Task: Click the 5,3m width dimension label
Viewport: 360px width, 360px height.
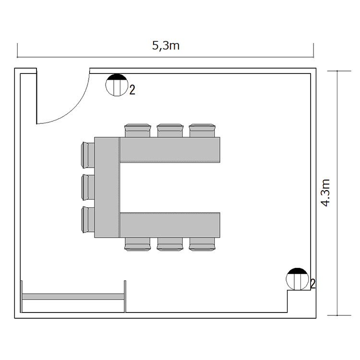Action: (x=166, y=46)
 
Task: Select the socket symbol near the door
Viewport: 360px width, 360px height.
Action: (x=116, y=85)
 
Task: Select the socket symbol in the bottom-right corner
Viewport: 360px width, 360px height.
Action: (x=297, y=278)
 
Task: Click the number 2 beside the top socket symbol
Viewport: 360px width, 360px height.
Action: (x=132, y=89)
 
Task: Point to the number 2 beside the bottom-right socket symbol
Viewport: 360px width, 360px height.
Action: (x=312, y=283)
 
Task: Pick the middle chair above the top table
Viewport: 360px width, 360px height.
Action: (x=170, y=130)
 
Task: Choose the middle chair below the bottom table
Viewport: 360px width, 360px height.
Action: (x=170, y=245)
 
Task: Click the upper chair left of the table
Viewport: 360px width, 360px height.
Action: (x=87, y=155)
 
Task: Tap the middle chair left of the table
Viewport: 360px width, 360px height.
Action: (x=87, y=187)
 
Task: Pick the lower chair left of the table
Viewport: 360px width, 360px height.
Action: (x=87, y=219)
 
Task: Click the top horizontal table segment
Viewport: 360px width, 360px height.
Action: (x=169, y=149)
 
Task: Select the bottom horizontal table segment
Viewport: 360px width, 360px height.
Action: (x=169, y=225)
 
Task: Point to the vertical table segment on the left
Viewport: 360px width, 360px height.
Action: (x=107, y=187)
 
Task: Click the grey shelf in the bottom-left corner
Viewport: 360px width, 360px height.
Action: (x=73, y=297)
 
